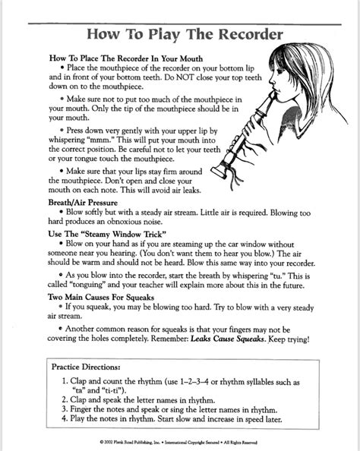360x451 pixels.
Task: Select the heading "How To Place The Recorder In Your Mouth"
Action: tap(121, 58)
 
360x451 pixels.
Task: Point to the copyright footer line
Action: tap(180, 440)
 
